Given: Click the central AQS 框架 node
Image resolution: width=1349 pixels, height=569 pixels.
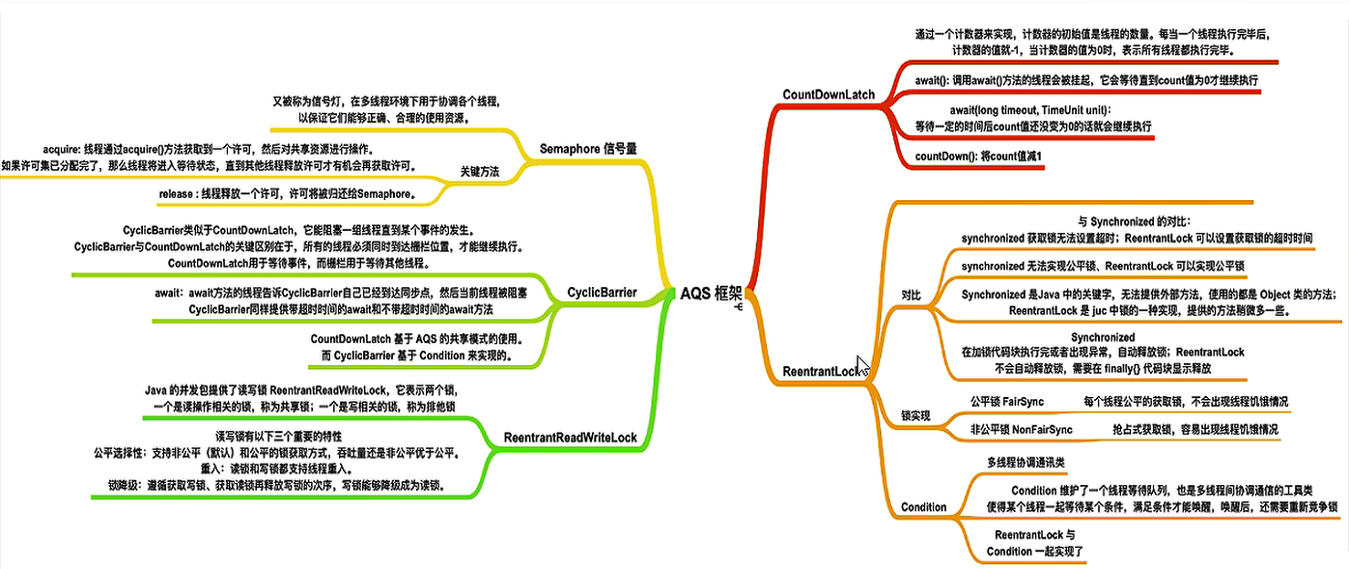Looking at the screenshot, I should click(711, 294).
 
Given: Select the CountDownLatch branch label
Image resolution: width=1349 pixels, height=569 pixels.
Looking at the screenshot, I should click(829, 95).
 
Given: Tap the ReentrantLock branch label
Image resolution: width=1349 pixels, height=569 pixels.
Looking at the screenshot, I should click(820, 372).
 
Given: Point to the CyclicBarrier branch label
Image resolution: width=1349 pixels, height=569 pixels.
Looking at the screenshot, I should click(602, 292).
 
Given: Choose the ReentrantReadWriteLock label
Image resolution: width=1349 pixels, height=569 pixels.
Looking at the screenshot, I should click(570, 439).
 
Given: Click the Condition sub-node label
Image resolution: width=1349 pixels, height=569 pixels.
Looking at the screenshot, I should click(923, 507).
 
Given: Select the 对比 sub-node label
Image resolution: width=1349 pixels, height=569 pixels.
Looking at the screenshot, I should click(911, 294).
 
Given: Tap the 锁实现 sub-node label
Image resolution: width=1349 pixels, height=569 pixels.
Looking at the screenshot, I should click(915, 415).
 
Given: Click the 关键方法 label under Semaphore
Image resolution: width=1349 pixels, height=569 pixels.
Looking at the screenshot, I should click(479, 172).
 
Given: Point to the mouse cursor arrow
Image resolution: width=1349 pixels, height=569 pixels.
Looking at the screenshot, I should click(862, 366).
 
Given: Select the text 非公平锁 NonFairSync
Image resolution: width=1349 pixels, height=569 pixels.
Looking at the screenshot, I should click(1021, 429).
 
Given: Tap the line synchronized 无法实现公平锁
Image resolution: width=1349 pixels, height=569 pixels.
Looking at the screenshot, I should click(1103, 266).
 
